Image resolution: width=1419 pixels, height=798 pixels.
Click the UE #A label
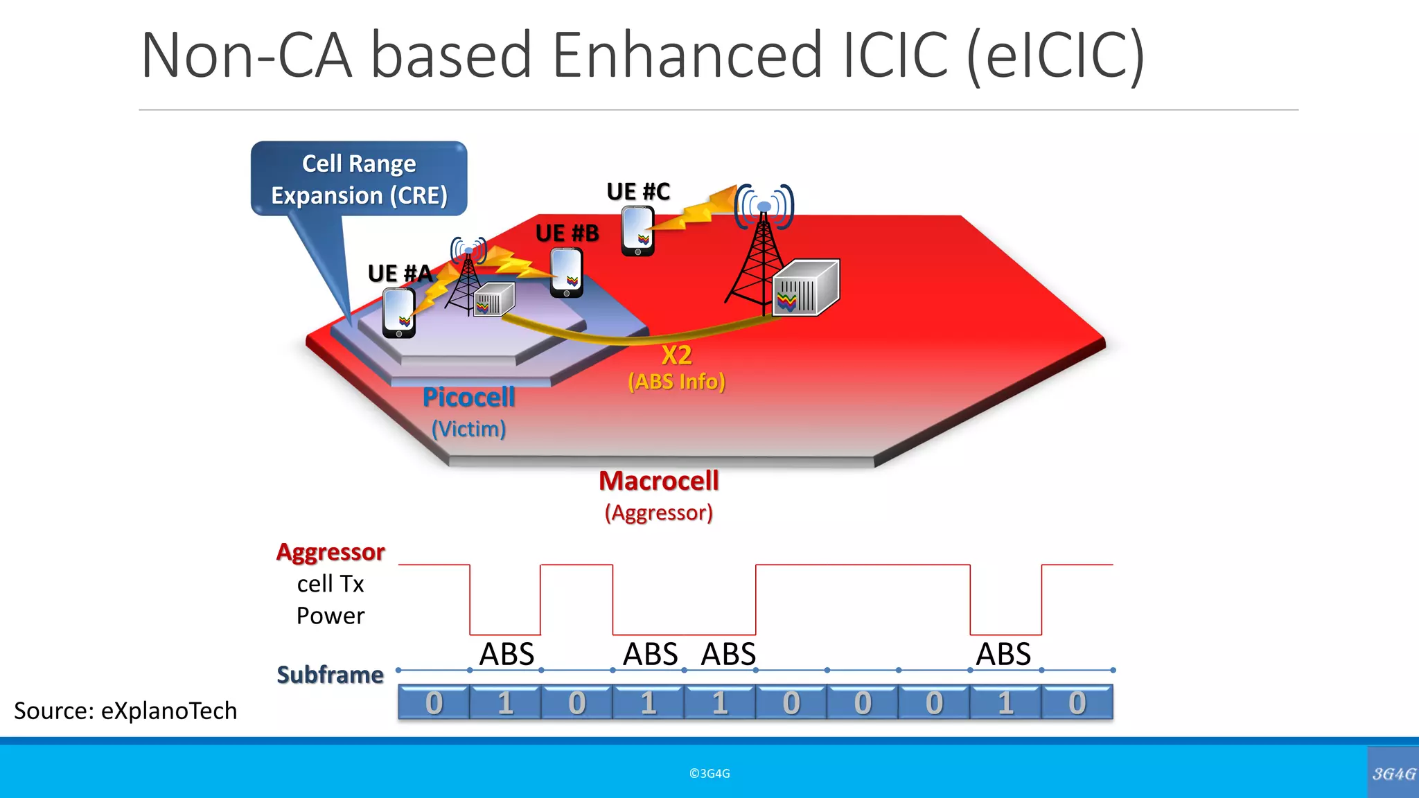click(x=400, y=274)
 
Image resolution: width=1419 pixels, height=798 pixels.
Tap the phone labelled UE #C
click(x=637, y=231)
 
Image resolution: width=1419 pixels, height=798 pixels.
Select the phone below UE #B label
click(x=566, y=273)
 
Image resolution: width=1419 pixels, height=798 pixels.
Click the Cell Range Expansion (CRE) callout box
click(x=359, y=179)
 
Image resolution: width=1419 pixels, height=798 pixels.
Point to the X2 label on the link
click(x=676, y=355)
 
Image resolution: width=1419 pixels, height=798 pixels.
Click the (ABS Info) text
click(x=676, y=382)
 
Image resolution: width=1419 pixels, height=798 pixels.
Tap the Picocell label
click(x=469, y=398)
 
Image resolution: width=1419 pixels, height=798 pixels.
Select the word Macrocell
click(x=659, y=481)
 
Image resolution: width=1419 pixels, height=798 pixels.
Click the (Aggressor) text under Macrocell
click(x=659, y=513)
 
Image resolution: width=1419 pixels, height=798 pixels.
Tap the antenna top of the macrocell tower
click(x=764, y=206)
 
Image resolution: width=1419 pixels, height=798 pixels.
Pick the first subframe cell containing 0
click(x=434, y=703)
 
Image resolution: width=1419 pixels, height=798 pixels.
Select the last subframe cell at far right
click(x=1077, y=703)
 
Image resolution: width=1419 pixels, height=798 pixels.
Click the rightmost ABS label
click(x=1003, y=654)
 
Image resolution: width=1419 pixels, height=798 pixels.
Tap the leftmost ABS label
click(x=507, y=654)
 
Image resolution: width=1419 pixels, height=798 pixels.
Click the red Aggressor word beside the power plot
click(x=330, y=552)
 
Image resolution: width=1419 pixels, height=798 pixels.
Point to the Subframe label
click(x=330, y=675)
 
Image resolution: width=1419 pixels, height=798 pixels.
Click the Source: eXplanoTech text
click(x=125, y=711)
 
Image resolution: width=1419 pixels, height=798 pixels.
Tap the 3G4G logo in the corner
click(x=1393, y=773)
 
